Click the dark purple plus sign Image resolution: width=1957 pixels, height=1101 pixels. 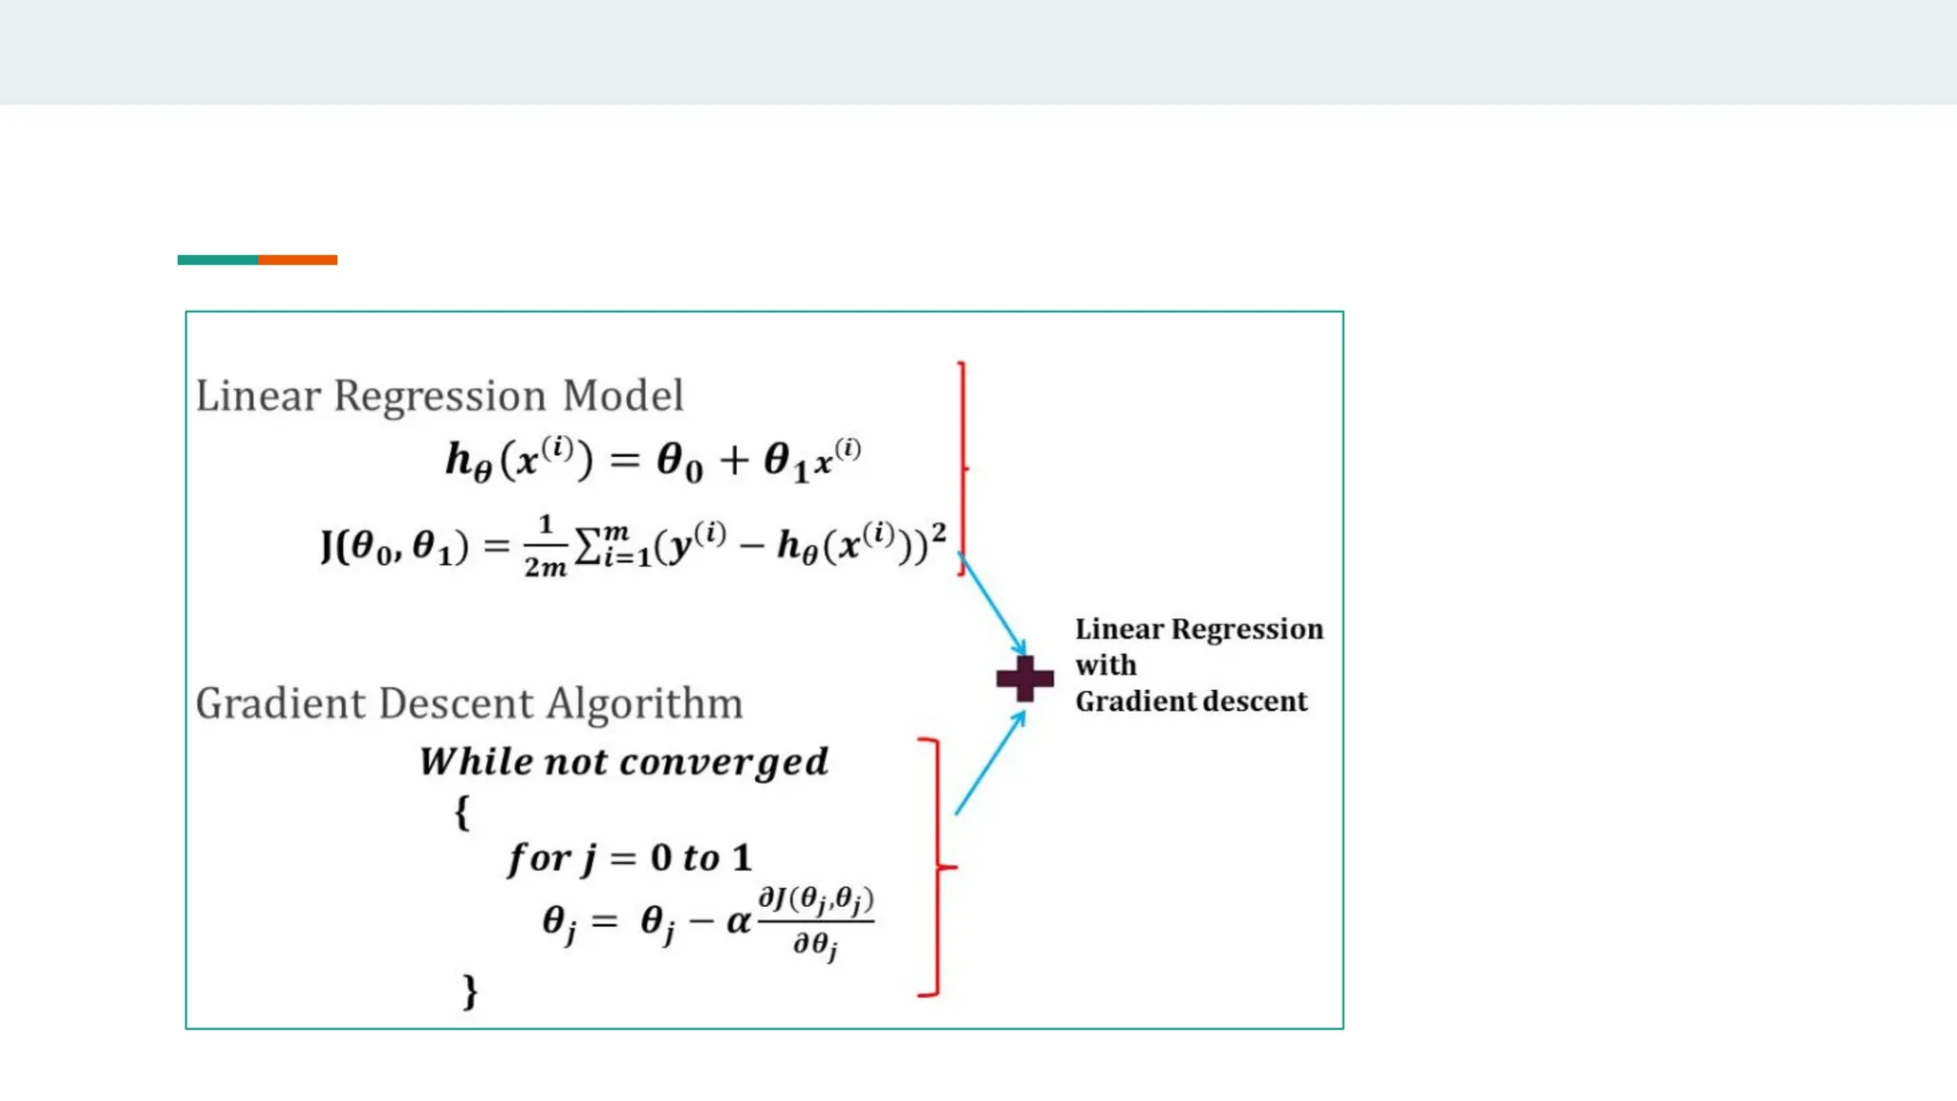point(1024,679)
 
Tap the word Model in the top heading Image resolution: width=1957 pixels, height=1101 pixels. point(622,396)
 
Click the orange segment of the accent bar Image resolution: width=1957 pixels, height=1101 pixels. point(297,260)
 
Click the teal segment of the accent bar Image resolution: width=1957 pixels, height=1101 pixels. point(218,260)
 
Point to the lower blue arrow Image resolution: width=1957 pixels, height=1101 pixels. point(990,763)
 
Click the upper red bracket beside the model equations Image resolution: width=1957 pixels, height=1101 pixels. point(962,468)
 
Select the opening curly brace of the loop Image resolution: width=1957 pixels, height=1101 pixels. point(462,812)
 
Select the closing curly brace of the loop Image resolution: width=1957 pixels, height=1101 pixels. point(469,991)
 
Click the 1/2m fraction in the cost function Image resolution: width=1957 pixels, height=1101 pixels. point(545,547)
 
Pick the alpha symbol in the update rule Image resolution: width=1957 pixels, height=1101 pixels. point(738,921)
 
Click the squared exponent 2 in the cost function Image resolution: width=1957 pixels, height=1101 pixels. point(939,532)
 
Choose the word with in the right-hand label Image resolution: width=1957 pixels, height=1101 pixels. point(1106,665)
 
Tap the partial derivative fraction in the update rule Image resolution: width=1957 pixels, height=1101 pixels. point(815,922)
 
